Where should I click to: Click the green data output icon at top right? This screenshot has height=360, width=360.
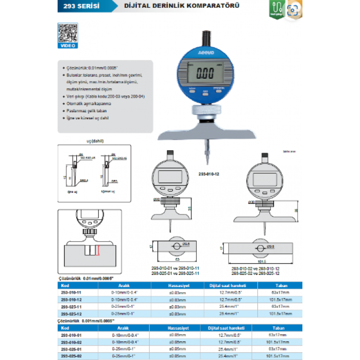tap(276, 9)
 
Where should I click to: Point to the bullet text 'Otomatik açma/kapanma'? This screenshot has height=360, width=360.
tap(89, 104)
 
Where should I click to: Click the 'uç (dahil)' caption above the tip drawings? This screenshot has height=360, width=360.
tap(95, 141)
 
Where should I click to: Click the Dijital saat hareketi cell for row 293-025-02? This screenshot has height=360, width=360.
tap(227, 356)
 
